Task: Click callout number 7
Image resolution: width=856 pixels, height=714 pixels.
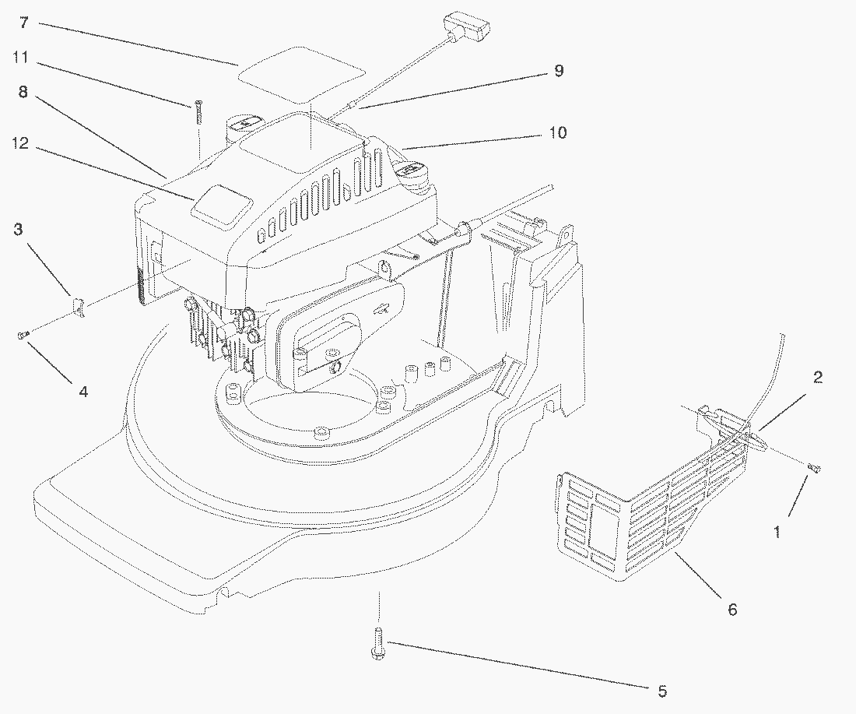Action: click(x=24, y=23)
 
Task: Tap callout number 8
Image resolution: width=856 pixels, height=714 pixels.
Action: click(x=23, y=91)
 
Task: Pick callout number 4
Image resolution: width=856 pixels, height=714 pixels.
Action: click(x=82, y=392)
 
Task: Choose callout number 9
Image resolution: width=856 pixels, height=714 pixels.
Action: click(x=558, y=71)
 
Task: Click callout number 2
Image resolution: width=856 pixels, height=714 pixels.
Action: click(x=817, y=378)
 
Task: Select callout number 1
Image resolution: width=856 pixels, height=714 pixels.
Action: click(x=776, y=532)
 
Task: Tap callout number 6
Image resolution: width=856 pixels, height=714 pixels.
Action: click(x=731, y=609)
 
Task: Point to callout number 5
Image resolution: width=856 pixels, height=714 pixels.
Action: click(x=661, y=690)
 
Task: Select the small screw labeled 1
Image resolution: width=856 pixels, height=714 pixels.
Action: click(x=815, y=467)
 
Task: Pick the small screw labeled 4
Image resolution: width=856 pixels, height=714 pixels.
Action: click(x=23, y=335)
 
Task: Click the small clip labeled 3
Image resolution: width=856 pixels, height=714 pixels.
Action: click(x=79, y=306)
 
